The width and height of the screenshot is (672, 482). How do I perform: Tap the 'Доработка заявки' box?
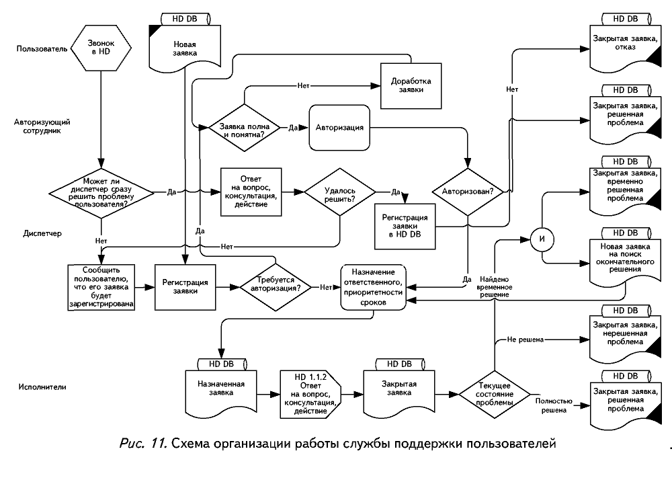(x=411, y=85)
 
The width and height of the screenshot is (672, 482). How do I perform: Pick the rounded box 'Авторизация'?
(x=339, y=127)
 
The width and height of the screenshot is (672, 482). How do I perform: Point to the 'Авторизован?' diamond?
(x=468, y=192)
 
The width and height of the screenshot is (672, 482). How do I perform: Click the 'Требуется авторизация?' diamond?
(x=276, y=287)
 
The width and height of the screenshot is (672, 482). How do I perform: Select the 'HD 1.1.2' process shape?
(x=310, y=393)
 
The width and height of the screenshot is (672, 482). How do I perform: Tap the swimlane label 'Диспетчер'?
(x=43, y=233)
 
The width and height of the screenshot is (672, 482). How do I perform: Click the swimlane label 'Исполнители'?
(x=43, y=387)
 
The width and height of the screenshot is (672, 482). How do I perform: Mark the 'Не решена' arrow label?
(x=526, y=340)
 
